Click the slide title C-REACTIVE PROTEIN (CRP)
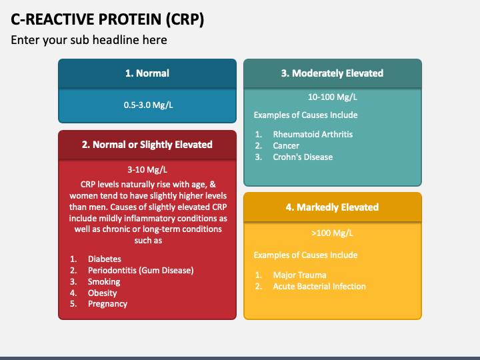point(107,19)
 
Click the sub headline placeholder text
point(89,40)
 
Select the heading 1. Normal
point(147,73)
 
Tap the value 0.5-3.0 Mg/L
point(148,105)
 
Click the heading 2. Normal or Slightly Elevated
point(147,145)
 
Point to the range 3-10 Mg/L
point(147,169)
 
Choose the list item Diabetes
point(105,259)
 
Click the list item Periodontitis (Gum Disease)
point(141,270)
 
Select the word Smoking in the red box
point(104,281)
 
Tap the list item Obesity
point(102,293)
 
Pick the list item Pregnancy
point(107,304)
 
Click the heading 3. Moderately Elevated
point(332,73)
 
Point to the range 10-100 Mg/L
point(333,97)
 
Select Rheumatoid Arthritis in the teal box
point(313,135)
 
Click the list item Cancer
point(286,146)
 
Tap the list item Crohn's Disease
point(303,157)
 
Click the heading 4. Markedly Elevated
point(332,207)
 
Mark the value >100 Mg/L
point(333,233)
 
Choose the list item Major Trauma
point(300,275)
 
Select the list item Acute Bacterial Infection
point(319,287)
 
